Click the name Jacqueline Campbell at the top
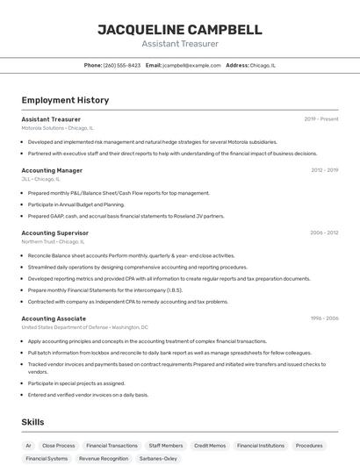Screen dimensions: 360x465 (179, 30)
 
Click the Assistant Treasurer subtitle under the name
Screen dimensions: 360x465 (179, 44)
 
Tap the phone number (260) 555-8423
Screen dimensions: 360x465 (121, 65)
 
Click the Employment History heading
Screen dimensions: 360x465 (65, 100)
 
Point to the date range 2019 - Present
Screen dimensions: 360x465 (321, 118)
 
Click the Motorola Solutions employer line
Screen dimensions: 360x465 (57, 127)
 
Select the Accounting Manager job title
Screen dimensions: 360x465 (52, 170)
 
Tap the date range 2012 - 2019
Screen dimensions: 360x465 (324, 170)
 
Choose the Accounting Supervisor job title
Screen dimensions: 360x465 (54, 232)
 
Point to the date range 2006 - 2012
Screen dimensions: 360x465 (324, 232)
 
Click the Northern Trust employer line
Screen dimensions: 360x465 (53, 241)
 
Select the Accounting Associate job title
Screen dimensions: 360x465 (54, 318)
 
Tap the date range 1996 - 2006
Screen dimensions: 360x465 (324, 318)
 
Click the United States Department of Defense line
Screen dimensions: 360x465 (84, 327)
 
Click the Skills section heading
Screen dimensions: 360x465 (33, 422)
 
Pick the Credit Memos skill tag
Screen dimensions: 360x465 (210, 446)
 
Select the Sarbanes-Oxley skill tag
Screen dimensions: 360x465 (158, 458)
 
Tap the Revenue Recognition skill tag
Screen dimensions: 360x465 (104, 458)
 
